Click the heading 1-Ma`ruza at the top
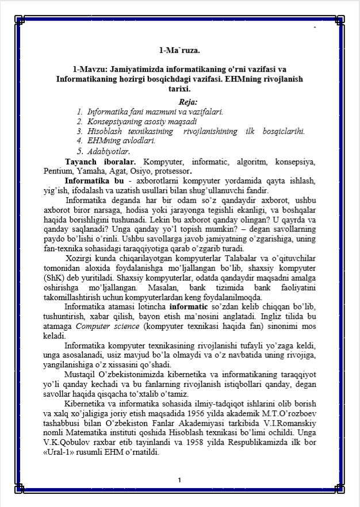coord(179,50)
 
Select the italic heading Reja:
coord(179,102)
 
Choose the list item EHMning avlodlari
coord(121,140)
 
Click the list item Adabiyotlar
coord(109,152)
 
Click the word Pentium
coord(57,171)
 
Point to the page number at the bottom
coord(179,480)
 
